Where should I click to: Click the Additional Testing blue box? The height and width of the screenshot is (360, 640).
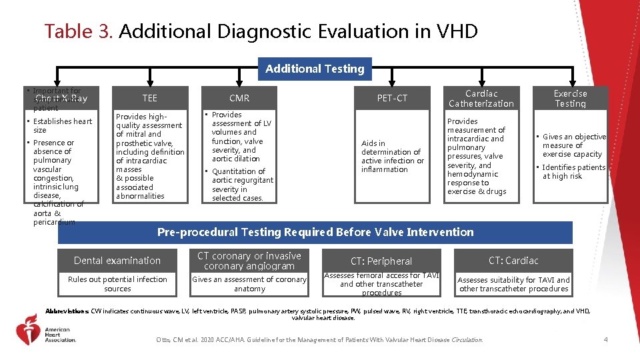pos(315,69)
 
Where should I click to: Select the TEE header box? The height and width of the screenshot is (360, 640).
pos(150,98)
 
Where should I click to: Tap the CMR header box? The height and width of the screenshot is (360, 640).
pos(239,98)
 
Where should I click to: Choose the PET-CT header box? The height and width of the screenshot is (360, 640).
pos(392,98)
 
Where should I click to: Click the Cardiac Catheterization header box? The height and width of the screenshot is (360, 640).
pos(481,98)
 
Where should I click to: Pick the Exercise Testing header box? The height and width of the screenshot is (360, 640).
pos(570,98)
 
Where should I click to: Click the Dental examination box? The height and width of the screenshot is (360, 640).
pos(117,260)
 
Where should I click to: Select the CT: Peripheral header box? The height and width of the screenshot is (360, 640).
pos(381,261)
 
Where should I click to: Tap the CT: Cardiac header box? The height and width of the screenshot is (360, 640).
pos(513,260)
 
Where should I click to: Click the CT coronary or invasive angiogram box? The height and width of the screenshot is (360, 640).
pos(249,261)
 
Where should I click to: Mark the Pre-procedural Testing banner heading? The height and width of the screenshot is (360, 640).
pos(315,232)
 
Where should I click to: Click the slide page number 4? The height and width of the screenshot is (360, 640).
pos(605,340)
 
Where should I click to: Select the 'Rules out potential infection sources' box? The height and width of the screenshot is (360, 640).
pos(117,284)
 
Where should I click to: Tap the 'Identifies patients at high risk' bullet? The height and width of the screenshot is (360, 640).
pos(573,171)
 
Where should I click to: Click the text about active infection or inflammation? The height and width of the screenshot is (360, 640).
pos(392,156)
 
